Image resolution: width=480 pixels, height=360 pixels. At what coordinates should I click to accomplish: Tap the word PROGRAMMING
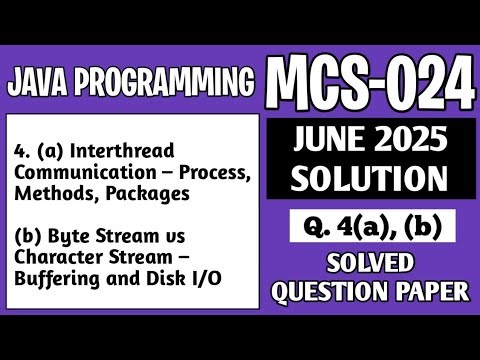163,81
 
